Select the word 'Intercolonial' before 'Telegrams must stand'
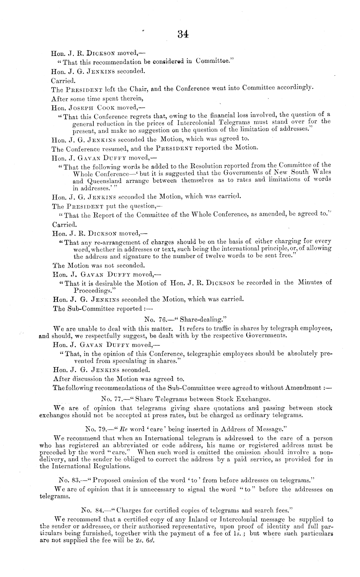point(196,123)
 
